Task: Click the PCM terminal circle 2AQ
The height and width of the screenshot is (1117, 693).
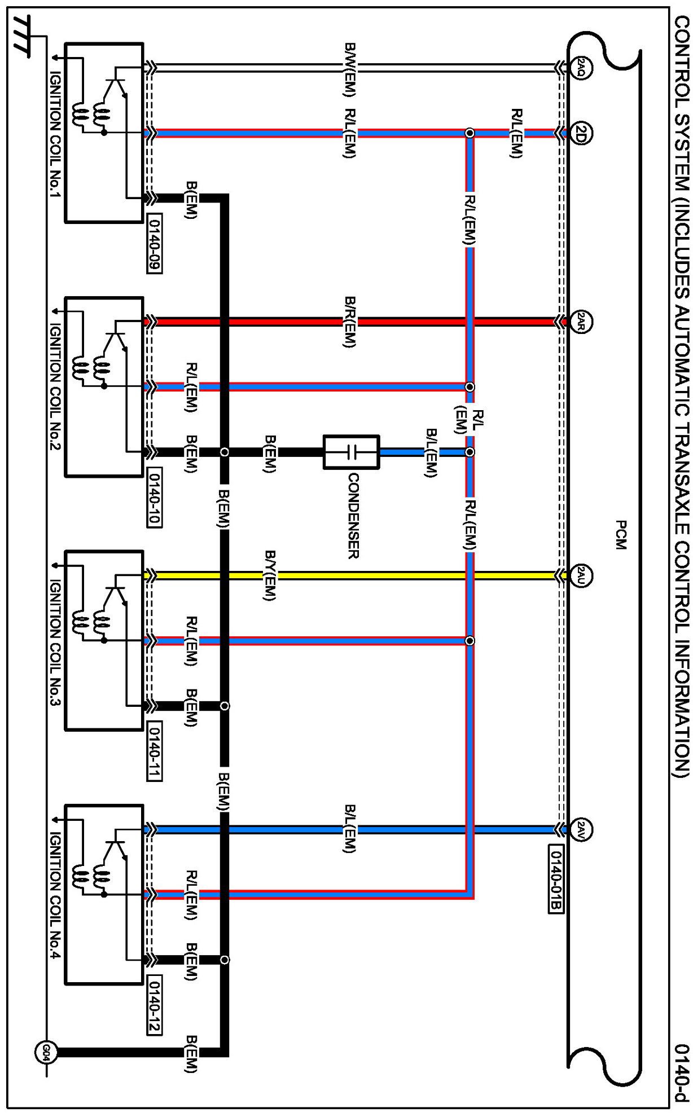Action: pos(581,68)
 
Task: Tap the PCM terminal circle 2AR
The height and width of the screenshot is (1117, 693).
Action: pos(581,322)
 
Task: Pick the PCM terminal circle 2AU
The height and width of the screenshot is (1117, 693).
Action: pos(581,576)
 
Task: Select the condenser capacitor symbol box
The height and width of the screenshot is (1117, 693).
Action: pos(351,452)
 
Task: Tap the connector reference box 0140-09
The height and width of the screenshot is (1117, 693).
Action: pos(154,243)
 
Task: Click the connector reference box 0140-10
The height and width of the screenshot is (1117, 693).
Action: pos(154,497)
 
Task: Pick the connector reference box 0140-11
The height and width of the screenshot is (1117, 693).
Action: pos(154,751)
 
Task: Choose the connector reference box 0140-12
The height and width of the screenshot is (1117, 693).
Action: pos(154,1005)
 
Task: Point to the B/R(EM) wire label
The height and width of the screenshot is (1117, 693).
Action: pos(350,322)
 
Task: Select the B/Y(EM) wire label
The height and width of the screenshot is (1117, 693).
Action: pos(270,576)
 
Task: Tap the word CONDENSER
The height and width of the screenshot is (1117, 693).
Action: pos(353,516)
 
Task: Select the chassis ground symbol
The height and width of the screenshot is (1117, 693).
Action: pos(23,37)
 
